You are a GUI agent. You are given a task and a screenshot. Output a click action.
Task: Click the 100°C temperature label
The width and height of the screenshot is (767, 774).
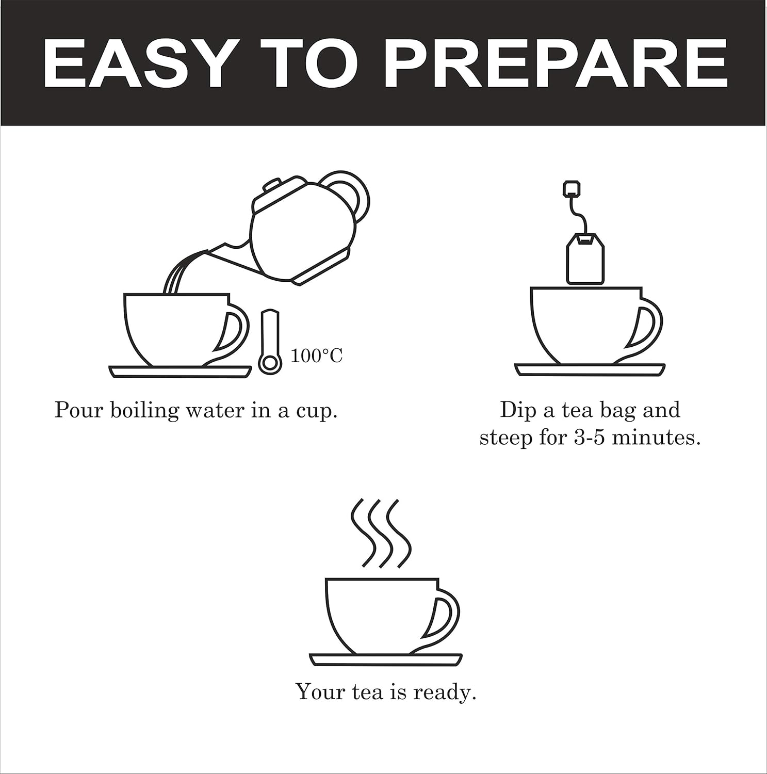pos(316,356)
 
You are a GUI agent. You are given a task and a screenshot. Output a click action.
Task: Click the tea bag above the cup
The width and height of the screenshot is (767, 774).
pos(585,258)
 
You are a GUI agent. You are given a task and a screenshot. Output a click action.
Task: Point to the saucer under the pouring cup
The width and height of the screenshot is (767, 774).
pos(180,372)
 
